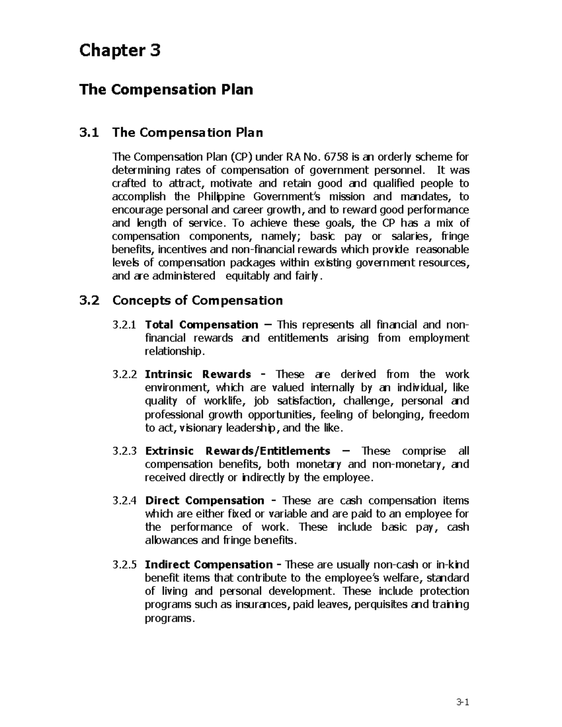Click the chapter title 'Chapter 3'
coord(120,51)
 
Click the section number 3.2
coord(89,301)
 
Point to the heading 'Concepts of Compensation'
coord(197,301)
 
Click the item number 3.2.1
coord(125,325)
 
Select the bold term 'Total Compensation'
coord(201,325)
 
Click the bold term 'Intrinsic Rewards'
coord(198,375)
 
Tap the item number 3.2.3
coord(125,451)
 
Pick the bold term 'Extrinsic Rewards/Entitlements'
coord(237,451)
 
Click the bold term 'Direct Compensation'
coord(205,501)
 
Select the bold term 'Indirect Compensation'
coord(209,565)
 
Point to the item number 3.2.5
coord(125,565)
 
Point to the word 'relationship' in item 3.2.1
coord(174,352)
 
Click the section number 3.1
coord(89,133)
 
